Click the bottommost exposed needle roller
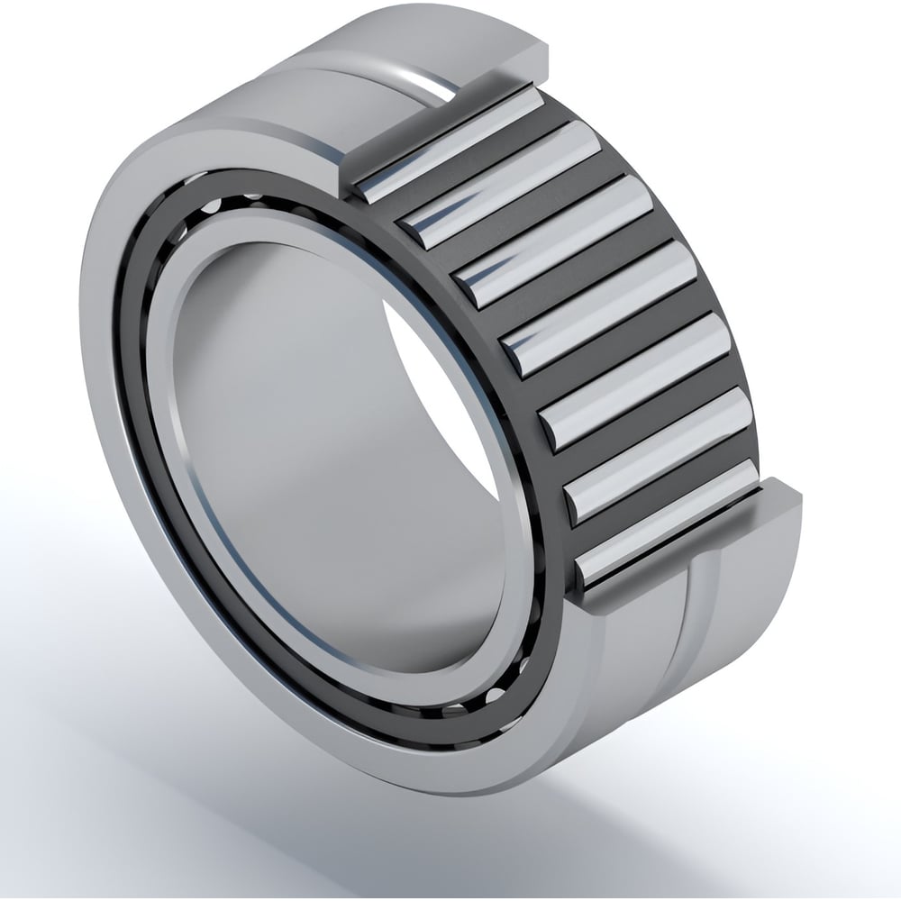[667, 523]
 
